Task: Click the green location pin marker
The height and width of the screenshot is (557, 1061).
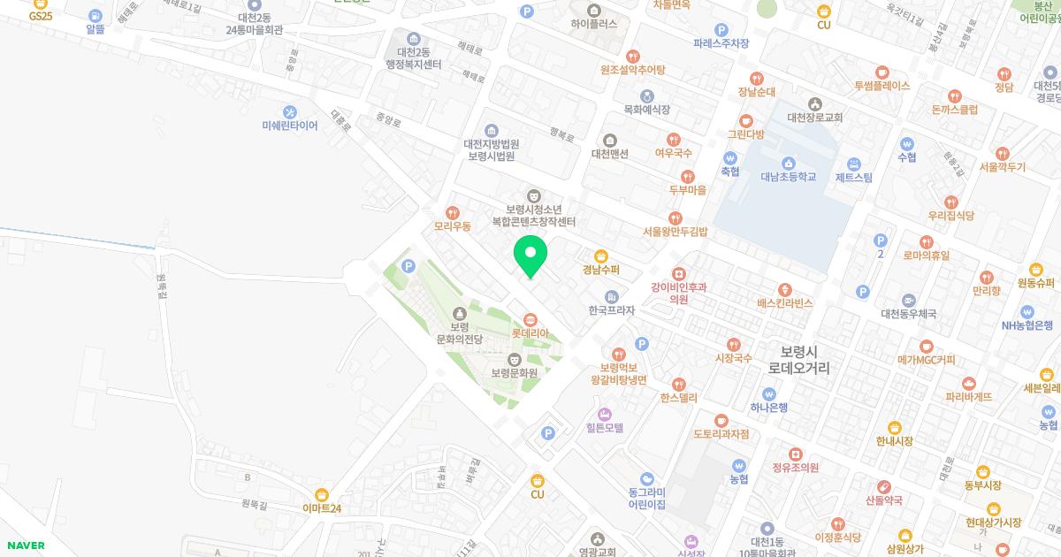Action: tap(530, 256)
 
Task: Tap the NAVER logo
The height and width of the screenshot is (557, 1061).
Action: tap(26, 546)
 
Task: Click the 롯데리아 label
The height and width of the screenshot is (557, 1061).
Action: tap(530, 333)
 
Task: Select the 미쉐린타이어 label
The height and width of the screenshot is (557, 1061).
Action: tap(290, 126)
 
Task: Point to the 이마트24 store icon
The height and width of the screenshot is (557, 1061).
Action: tap(322, 494)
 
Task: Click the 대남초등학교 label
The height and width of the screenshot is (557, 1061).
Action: tap(789, 177)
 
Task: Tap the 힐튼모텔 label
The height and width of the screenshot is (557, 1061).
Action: tap(605, 428)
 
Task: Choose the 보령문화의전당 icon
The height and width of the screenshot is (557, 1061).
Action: tap(459, 313)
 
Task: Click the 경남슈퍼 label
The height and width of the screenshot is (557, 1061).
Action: tap(601, 270)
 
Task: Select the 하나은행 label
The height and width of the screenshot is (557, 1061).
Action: tap(768, 408)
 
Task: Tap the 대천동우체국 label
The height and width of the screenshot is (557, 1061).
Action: tap(908, 314)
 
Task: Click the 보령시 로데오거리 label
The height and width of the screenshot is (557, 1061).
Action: tap(798, 358)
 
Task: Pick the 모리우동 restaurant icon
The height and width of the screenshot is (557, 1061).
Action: tap(453, 212)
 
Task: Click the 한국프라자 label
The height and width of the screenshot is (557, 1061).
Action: tap(612, 311)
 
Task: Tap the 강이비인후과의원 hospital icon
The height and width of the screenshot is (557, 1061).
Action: tap(679, 274)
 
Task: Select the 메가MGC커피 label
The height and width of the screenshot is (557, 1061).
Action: tap(926, 360)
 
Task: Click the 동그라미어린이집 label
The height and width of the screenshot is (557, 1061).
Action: tap(646, 498)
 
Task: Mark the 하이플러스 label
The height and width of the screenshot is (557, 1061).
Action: tap(594, 24)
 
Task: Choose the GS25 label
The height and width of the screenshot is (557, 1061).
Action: tap(41, 16)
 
